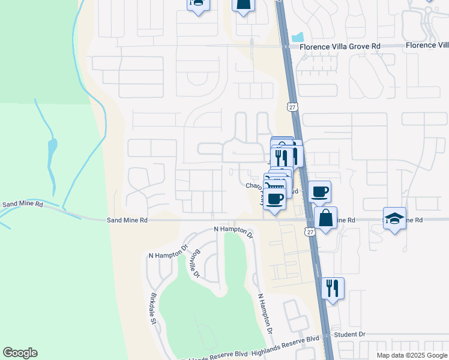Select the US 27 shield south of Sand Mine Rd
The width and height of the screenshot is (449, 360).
[x=309, y=232]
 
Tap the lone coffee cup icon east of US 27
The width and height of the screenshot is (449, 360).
[x=319, y=191]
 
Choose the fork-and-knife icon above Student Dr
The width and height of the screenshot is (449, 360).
[x=332, y=288]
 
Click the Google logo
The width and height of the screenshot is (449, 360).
[x=20, y=353]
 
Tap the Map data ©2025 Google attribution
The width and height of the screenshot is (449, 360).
[x=411, y=355]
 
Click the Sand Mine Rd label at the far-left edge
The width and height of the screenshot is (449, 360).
[x=23, y=205]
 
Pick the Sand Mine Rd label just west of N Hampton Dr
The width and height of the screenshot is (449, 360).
[x=127, y=220]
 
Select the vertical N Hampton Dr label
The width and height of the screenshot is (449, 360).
[x=265, y=313]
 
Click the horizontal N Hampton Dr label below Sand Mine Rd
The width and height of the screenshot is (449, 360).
[x=234, y=229]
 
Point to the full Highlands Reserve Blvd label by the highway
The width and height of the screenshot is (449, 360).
[x=285, y=340]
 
